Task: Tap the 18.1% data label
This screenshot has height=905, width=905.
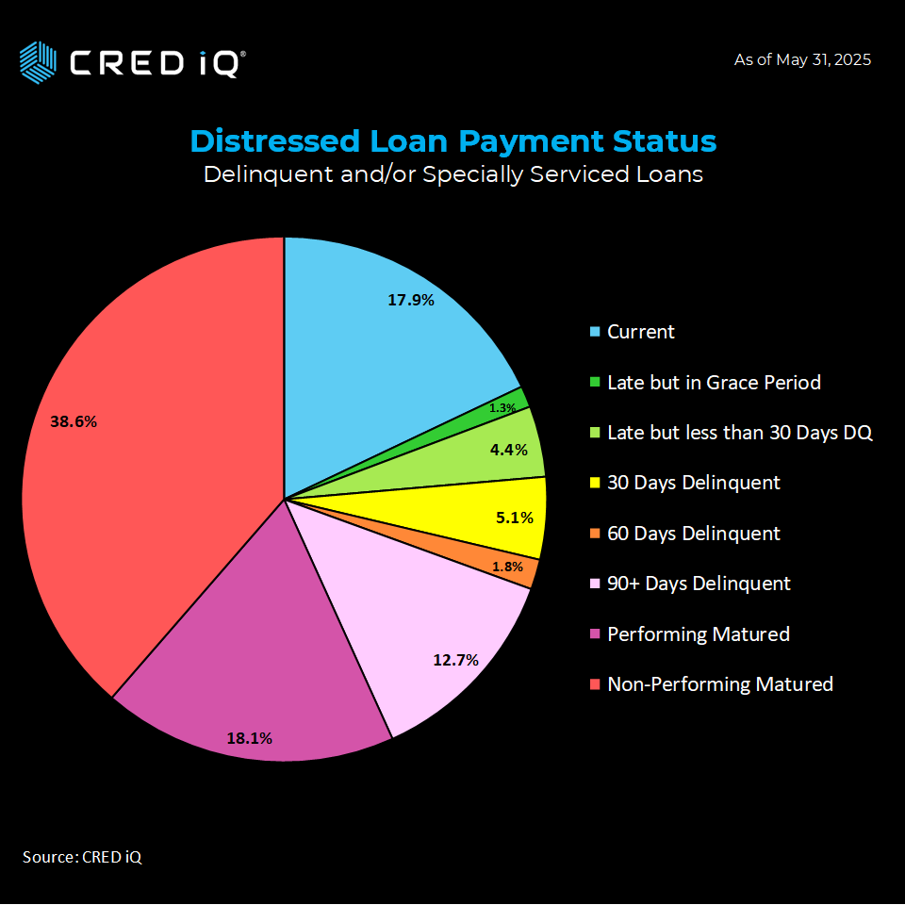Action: click(249, 738)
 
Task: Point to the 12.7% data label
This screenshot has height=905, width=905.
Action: click(456, 660)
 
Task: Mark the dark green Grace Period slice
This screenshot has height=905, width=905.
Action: click(514, 401)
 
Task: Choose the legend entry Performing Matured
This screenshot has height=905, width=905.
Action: click(698, 633)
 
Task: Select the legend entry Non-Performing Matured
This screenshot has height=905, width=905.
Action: click(719, 683)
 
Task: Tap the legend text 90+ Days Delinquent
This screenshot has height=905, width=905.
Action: click(699, 583)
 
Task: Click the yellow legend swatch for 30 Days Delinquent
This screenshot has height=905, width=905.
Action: click(594, 483)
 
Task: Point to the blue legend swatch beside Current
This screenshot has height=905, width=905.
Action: click(594, 332)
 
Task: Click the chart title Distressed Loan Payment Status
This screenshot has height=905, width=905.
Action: click(452, 140)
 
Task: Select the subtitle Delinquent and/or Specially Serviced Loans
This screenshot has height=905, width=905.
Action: click(452, 174)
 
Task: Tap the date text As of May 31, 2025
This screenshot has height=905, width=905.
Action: click(802, 59)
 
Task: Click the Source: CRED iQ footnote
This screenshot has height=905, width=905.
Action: click(82, 857)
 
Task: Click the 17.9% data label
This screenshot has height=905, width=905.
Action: click(411, 300)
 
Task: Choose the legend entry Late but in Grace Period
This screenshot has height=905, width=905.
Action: click(714, 382)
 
